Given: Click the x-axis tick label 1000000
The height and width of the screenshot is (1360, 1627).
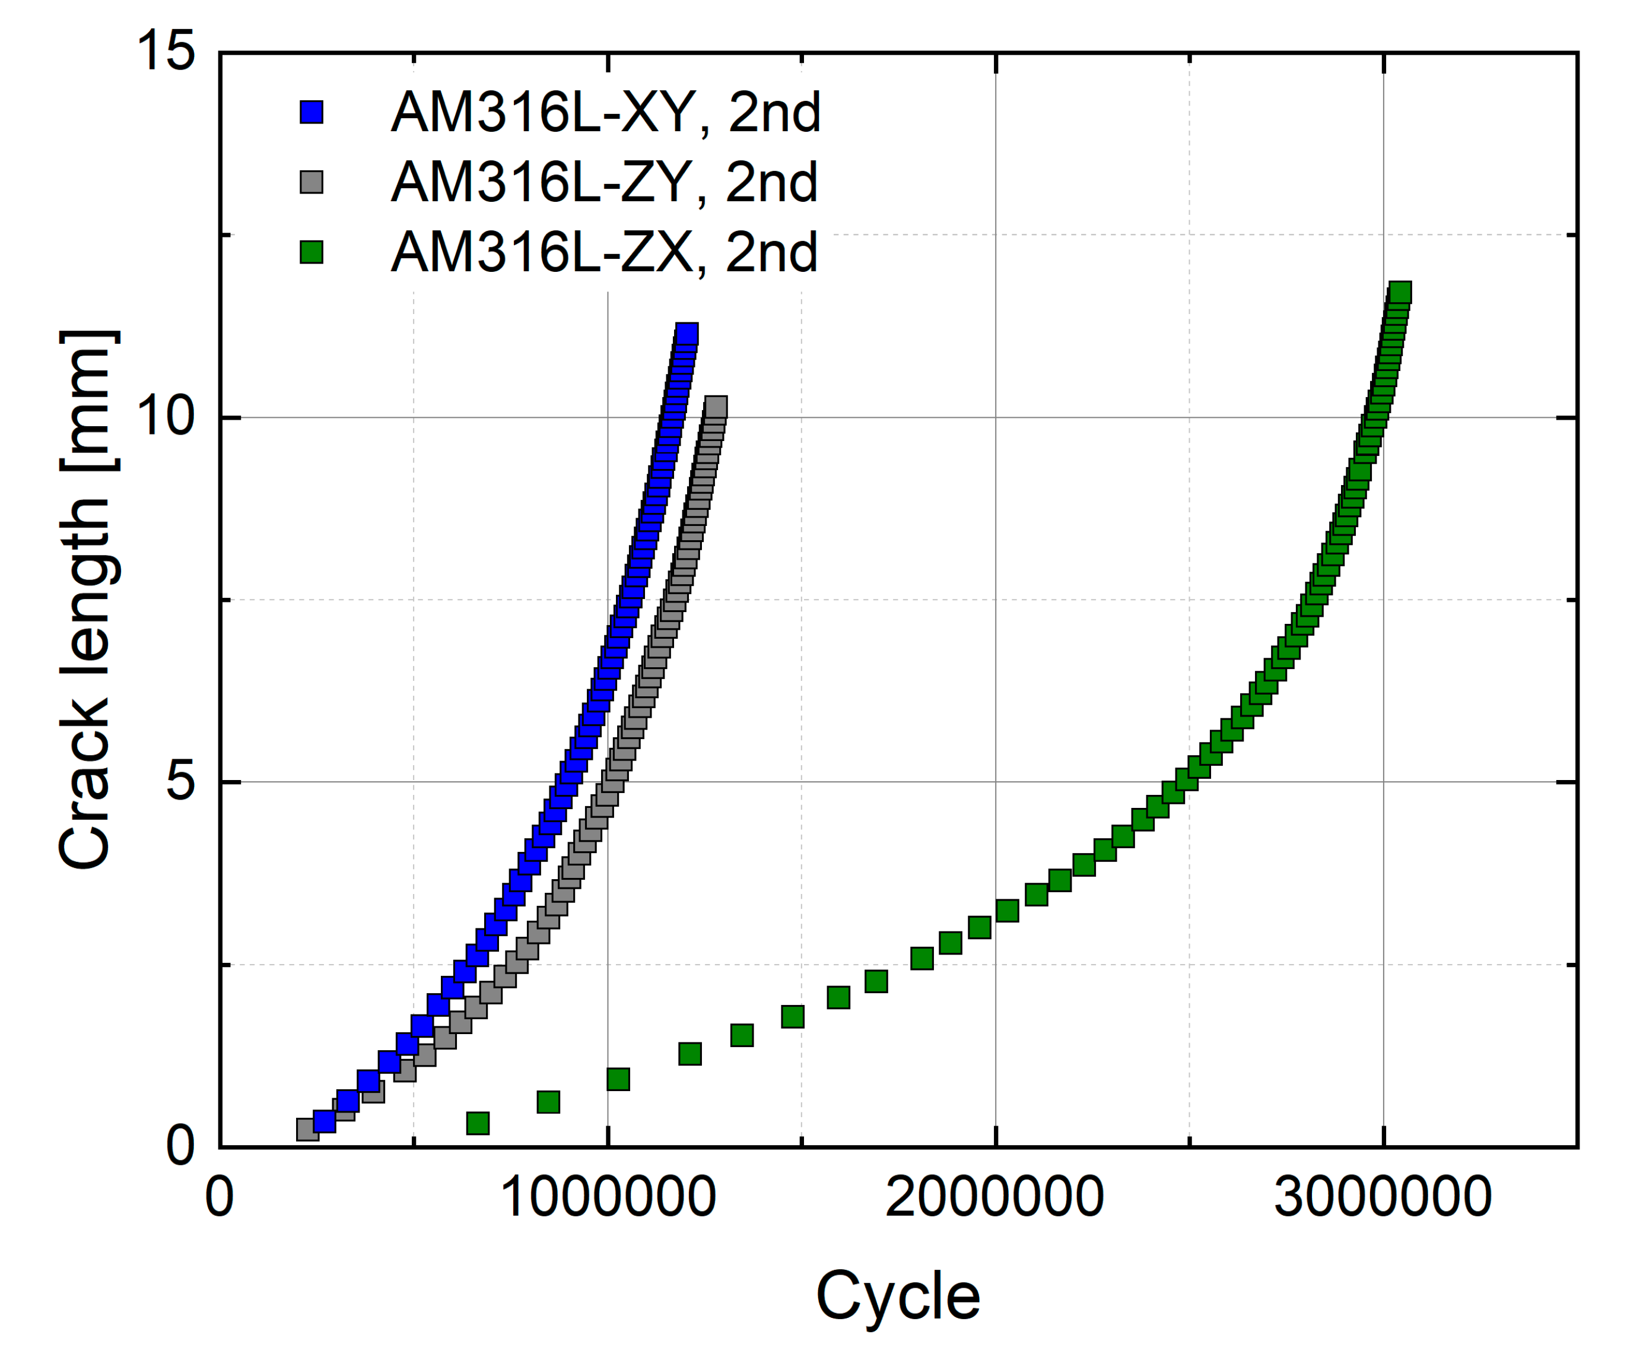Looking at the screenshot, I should coord(608,1197).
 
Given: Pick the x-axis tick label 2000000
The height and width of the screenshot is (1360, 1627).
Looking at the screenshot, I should coord(995,1197).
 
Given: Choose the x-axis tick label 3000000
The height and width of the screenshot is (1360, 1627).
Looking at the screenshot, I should coord(1383,1197).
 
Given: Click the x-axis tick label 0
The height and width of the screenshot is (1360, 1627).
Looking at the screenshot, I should coord(220,1197).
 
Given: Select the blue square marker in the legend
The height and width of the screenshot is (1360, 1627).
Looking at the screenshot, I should coord(312,112).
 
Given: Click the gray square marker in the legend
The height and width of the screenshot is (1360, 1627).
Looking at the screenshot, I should coord(312,182).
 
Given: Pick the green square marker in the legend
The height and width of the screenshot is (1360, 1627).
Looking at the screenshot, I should coord(312,252).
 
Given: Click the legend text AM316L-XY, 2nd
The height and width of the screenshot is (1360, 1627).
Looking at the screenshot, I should coord(605,112).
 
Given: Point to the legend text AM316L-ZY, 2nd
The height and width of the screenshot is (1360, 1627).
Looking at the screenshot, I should coord(603,182).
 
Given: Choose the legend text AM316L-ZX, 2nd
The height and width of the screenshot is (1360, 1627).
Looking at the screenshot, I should coord(603,252).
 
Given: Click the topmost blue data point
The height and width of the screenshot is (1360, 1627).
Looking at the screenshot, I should coord(687,334).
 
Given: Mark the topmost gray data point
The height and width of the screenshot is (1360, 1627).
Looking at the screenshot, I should coord(715,407).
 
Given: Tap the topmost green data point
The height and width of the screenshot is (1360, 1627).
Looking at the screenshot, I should coord(1400,293).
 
